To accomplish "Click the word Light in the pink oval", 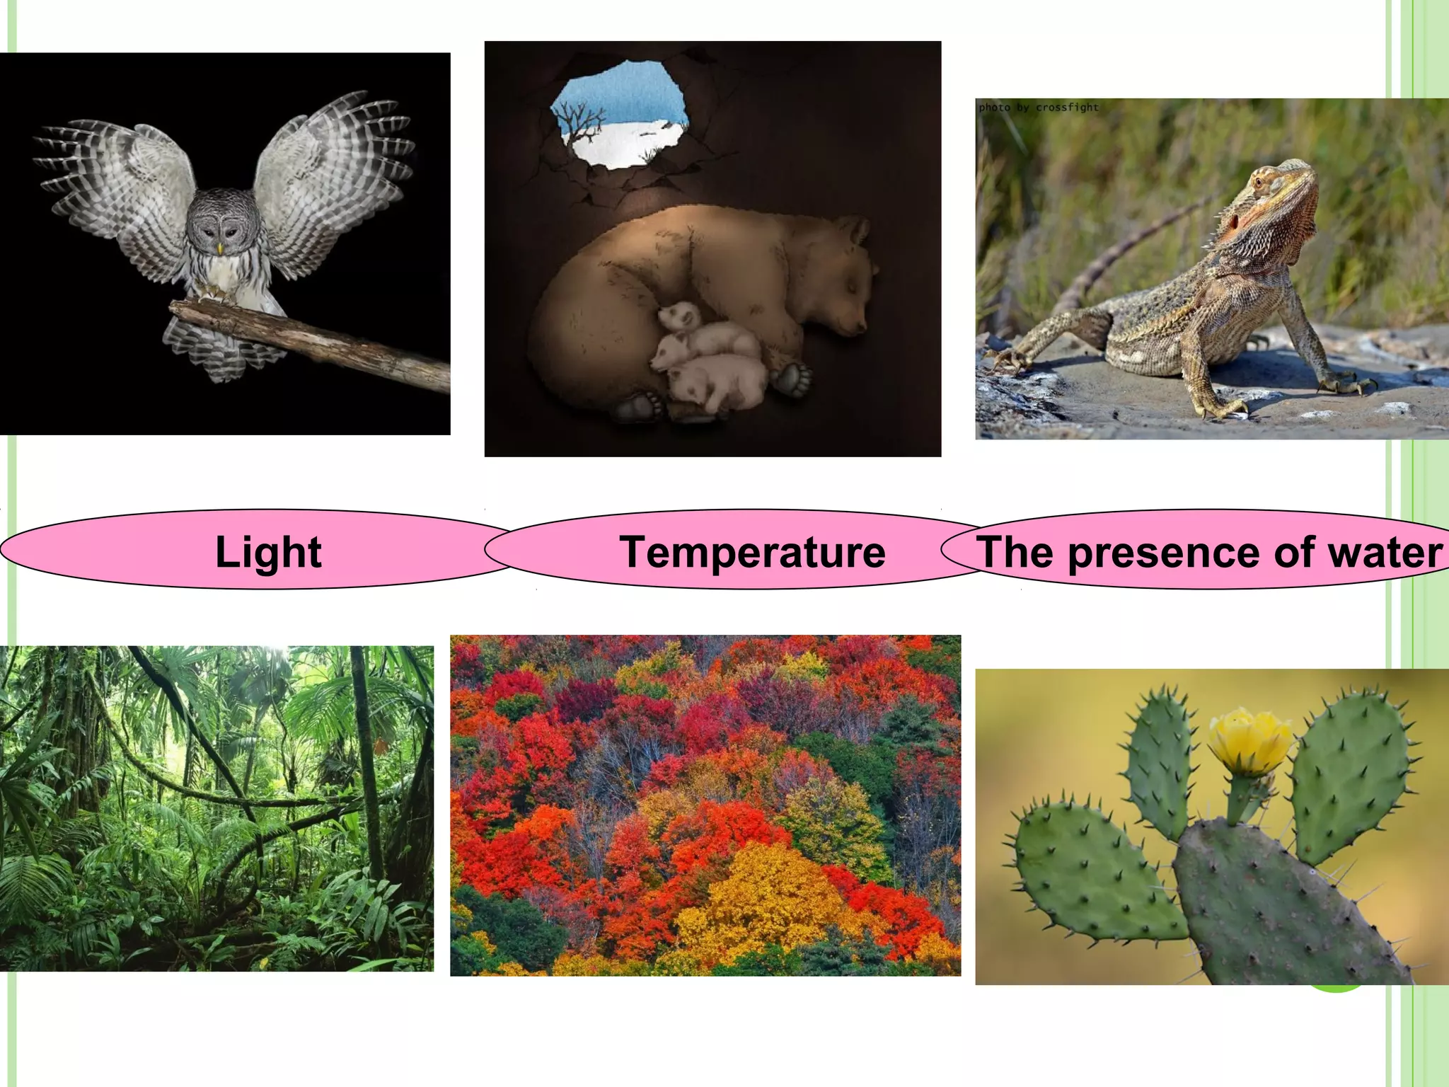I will [268, 552].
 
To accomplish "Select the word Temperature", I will [752, 552].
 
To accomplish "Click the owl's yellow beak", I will [220, 248].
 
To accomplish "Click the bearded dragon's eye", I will [1258, 181].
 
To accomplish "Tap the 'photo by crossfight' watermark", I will [1038, 108].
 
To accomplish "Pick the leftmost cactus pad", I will [1090, 878].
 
